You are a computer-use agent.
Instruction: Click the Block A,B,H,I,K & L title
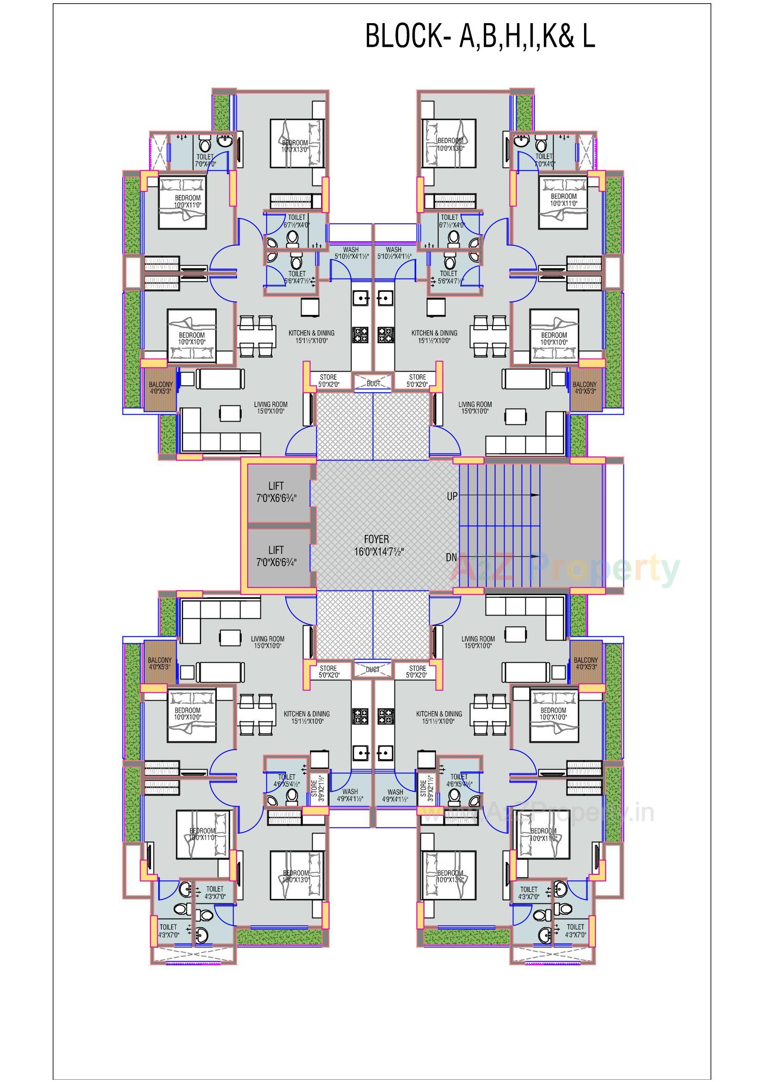480,36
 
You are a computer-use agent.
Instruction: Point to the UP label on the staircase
451,496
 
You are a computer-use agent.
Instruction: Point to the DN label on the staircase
451,558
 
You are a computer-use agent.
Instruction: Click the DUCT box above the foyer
373,384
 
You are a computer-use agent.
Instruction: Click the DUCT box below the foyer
373,670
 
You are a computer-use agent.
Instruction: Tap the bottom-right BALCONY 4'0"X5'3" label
585,664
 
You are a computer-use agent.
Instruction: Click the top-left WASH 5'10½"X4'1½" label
351,253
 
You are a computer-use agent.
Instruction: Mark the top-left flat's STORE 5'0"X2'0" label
328,380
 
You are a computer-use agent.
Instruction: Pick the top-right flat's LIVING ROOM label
475,407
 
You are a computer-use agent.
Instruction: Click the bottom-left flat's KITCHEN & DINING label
307,717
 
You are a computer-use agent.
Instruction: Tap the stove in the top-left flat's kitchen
360,335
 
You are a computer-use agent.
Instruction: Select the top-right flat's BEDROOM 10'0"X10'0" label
554,338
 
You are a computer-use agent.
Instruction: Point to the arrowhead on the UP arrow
535,495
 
